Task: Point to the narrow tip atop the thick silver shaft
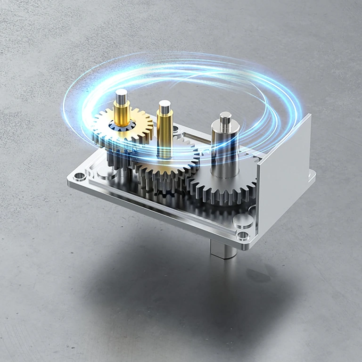(x=225, y=117)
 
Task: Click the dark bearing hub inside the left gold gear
(x=122, y=126)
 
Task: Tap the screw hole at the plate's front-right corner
(x=244, y=234)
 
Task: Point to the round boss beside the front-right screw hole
(x=241, y=220)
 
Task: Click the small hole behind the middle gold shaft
(x=176, y=128)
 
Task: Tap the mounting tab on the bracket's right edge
(x=312, y=177)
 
